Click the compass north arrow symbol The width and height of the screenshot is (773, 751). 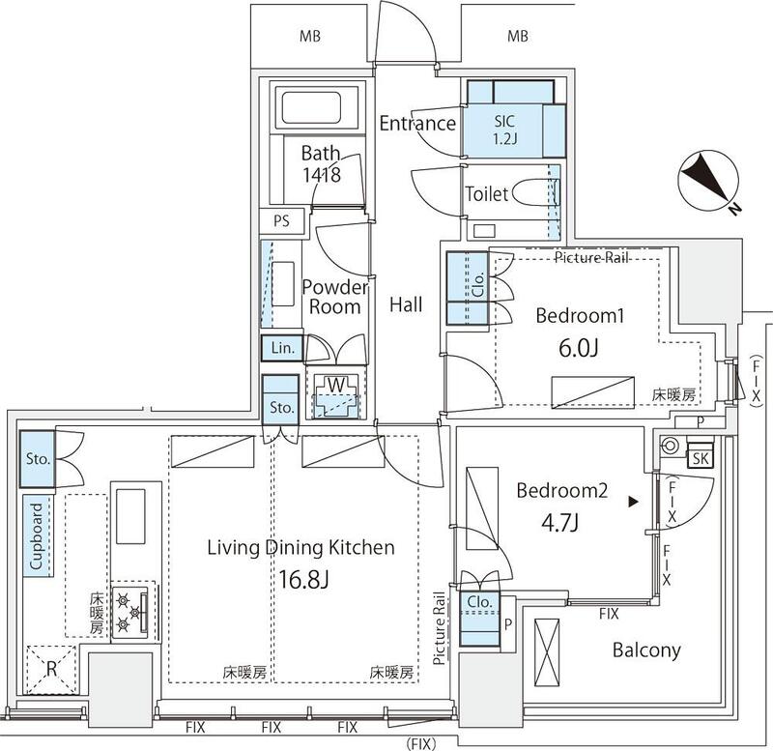coord(709,182)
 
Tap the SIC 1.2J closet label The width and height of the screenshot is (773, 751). coord(504,130)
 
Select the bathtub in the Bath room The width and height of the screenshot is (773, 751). coord(311,106)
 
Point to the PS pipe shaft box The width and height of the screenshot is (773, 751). coord(282,220)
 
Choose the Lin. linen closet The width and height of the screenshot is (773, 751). coord(282,348)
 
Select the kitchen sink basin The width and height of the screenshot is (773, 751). coord(130,516)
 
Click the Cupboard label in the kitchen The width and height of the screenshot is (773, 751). coord(37,536)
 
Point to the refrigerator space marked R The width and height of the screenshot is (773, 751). coord(51,669)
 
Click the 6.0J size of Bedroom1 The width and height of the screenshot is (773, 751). coord(579,348)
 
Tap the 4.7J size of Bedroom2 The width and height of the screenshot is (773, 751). coord(560,522)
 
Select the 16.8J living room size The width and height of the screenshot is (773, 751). coord(303,579)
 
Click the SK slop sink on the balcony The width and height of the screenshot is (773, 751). coord(700,458)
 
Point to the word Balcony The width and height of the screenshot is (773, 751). coord(646,650)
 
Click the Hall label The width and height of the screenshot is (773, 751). coord(406,304)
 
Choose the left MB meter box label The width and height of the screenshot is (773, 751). coord(309,36)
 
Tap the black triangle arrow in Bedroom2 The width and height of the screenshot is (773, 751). coord(633,502)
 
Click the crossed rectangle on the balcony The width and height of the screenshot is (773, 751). coord(547,651)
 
